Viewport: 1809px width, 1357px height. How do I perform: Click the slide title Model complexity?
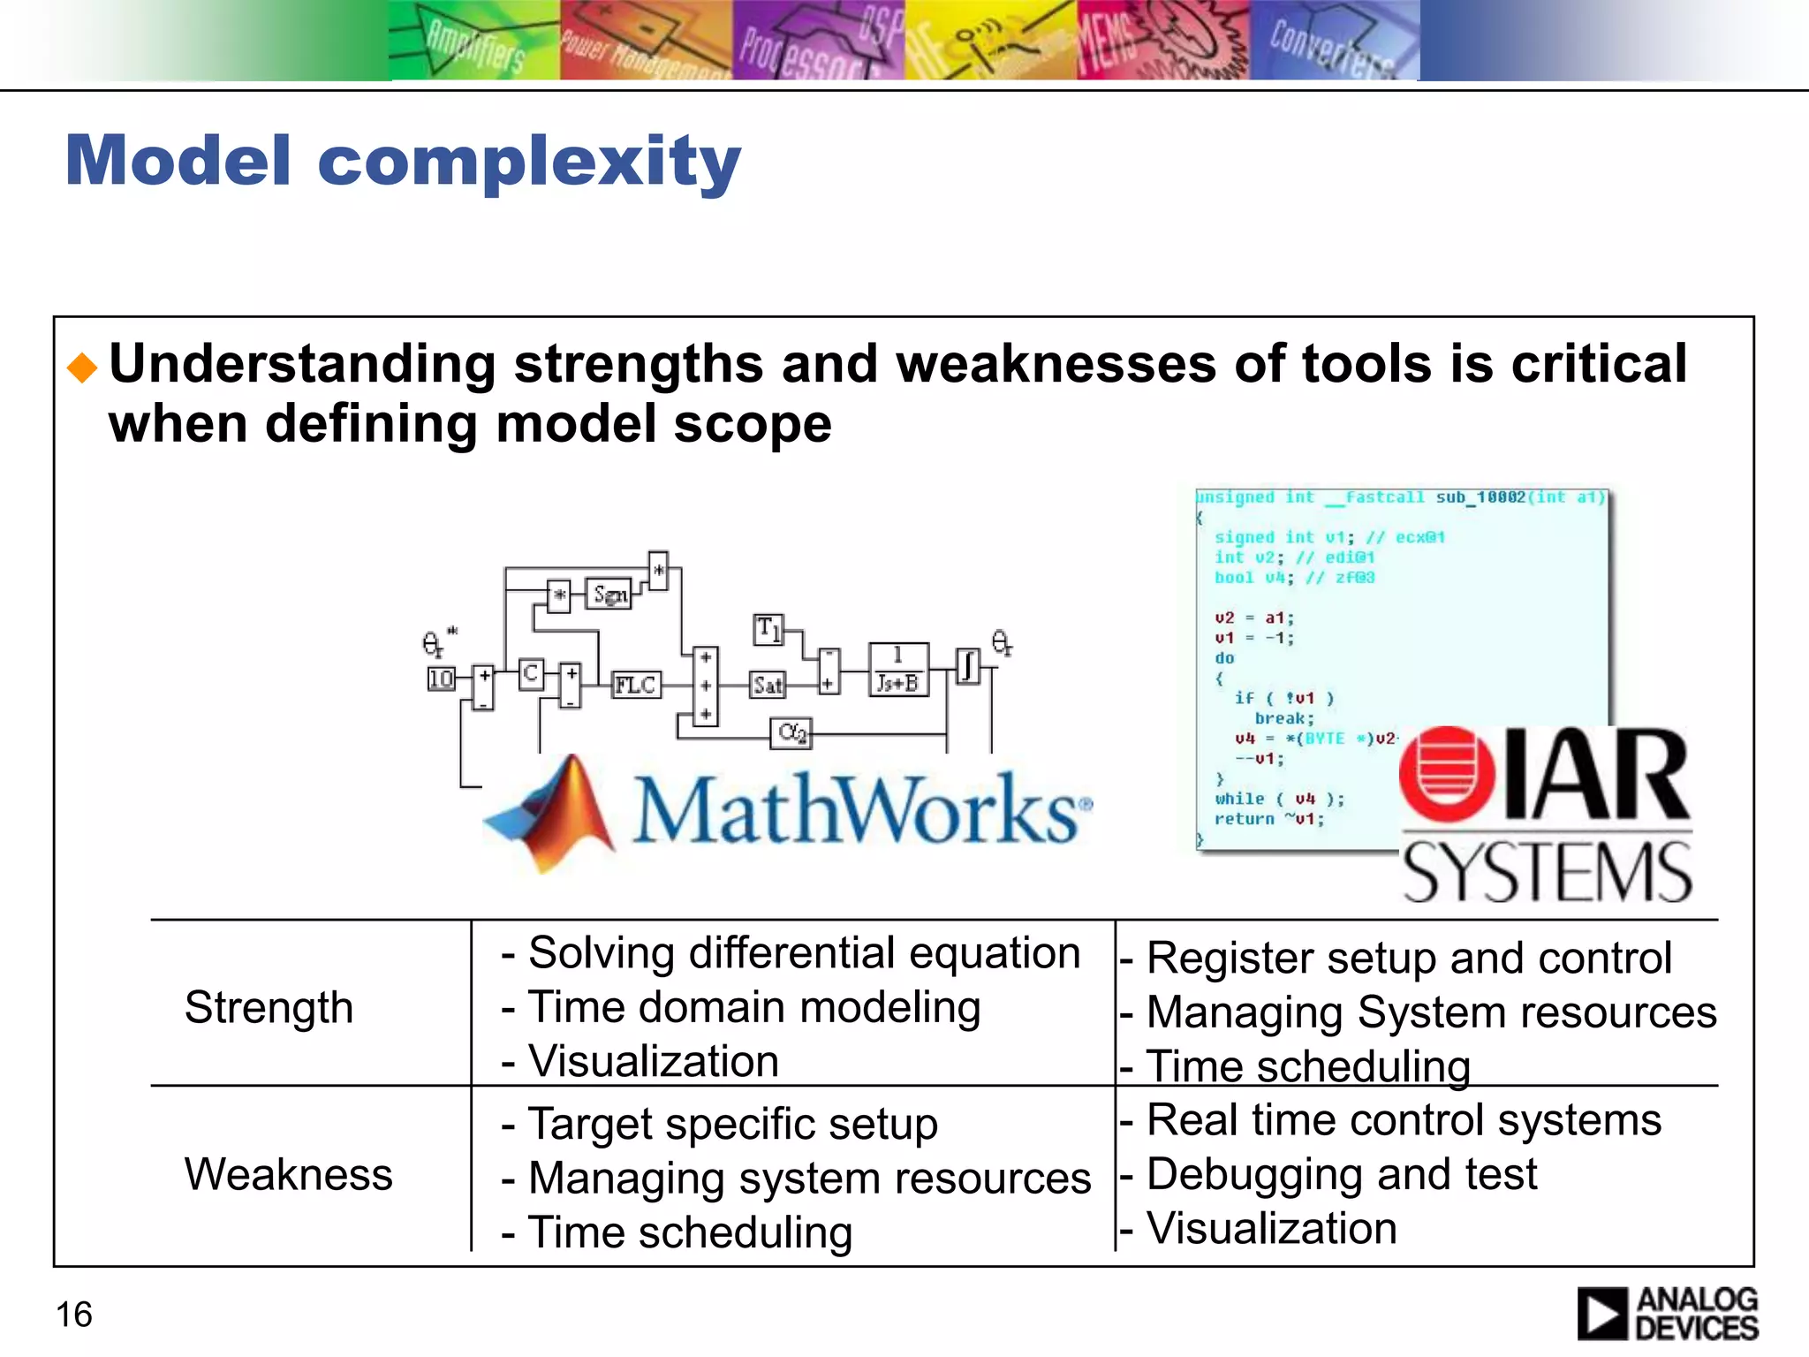click(403, 161)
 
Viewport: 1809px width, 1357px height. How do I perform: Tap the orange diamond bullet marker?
click(82, 367)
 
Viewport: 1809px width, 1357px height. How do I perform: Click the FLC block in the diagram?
click(636, 685)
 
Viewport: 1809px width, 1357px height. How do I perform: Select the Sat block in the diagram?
click(767, 685)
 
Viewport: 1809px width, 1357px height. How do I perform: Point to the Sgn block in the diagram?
click(609, 595)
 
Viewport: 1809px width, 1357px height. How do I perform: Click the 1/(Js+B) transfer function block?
click(898, 670)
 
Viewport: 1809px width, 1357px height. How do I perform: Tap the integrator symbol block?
click(969, 666)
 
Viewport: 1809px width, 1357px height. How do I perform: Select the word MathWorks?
click(857, 808)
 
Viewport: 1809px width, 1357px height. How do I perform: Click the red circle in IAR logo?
click(1447, 774)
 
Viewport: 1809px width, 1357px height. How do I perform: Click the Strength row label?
click(269, 1007)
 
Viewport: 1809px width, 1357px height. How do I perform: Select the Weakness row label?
click(288, 1174)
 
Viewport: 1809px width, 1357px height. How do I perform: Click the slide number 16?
click(74, 1315)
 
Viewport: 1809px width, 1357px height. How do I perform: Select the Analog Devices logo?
click(1667, 1314)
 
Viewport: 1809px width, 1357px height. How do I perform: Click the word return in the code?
click(1244, 819)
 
